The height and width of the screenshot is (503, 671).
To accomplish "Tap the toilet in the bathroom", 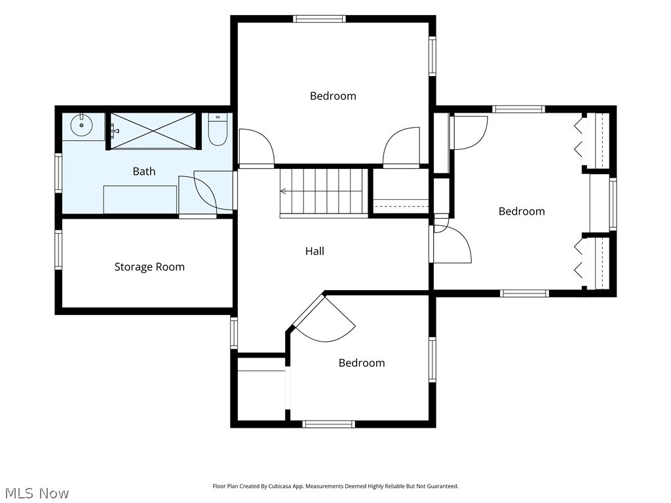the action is coord(218,129).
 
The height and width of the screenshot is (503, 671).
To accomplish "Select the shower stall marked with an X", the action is coord(153,131).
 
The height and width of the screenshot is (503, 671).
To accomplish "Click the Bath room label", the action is coord(144,172).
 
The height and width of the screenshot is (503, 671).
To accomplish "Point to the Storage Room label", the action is coord(149,267).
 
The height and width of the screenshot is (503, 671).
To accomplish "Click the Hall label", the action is coord(315,251).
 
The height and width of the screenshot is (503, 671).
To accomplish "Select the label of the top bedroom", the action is coord(333,96).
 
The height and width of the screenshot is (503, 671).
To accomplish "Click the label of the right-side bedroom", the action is coord(522,212).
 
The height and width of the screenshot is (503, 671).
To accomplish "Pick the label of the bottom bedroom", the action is coord(362,363).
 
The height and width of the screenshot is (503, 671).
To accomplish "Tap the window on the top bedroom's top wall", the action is coord(319,19).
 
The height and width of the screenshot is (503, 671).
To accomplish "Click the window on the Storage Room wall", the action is coord(58,250).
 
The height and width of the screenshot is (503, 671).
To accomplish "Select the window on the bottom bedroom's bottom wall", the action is coord(329,424).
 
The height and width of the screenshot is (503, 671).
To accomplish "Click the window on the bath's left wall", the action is coord(58,173).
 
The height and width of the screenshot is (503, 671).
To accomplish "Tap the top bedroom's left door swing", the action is coord(256,147).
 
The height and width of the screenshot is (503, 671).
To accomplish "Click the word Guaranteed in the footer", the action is coord(446,487).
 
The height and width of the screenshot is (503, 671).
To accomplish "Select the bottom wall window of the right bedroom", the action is coord(524,293).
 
